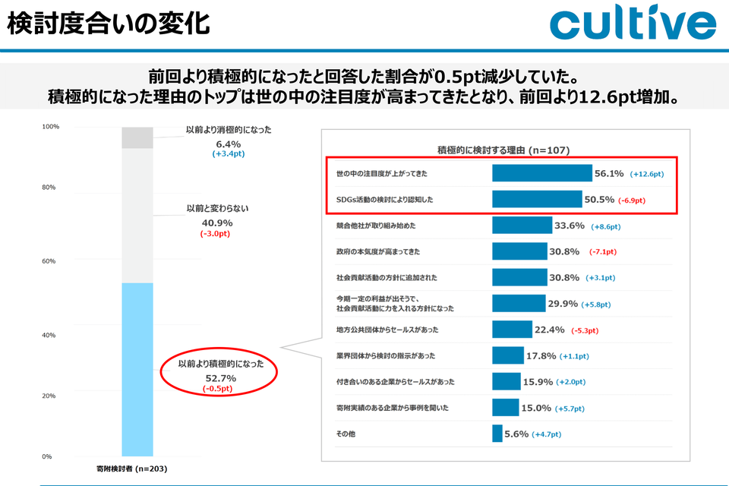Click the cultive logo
coord(633,25)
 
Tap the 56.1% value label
coord(609,174)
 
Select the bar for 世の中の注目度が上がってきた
coord(541,173)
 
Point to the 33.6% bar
coord(522,226)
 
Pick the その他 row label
coord(346,434)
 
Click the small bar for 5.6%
coord(497,434)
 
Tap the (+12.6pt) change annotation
coord(645,174)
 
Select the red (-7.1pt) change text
coord(603,252)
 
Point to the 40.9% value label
coord(217,222)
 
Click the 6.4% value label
coord(228,143)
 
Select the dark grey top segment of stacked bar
coord(137,137)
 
